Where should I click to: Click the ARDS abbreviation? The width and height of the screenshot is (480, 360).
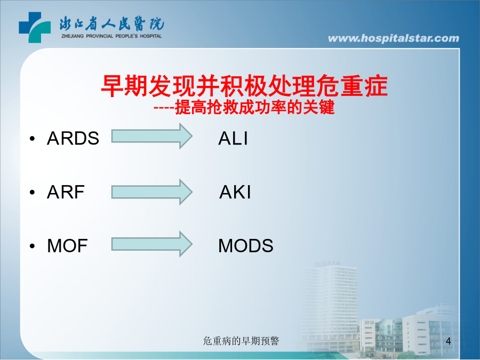point(73,138)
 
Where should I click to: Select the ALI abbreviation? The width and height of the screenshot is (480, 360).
point(233,138)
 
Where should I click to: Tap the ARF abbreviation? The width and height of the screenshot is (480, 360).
point(66,192)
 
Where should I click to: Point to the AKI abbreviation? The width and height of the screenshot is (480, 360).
point(235,192)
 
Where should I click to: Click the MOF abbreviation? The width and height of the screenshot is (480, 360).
point(67,246)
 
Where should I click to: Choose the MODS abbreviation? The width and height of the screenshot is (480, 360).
point(246,246)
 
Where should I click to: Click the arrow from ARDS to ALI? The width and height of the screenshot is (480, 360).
point(152,136)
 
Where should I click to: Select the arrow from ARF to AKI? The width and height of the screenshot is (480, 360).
point(152,192)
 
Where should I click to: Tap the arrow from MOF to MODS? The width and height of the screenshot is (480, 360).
point(152,244)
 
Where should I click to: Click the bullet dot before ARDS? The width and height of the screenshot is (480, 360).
point(33,139)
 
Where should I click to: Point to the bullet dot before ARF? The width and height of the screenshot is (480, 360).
point(33,192)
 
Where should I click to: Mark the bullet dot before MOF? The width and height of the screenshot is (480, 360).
point(33,246)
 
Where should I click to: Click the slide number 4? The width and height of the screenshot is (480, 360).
point(449,341)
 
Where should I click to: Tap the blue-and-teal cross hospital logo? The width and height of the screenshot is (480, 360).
point(35,27)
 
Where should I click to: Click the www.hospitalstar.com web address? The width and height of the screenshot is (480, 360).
point(394,38)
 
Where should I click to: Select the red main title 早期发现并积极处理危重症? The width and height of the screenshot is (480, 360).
point(244,86)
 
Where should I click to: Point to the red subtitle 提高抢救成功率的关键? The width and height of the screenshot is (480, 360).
point(255,107)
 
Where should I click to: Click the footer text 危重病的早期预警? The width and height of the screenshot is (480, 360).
point(241,341)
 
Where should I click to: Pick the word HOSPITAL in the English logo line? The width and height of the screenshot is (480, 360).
point(150,36)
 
